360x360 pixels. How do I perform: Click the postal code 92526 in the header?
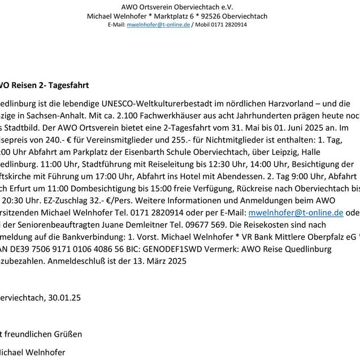click(x=211, y=16)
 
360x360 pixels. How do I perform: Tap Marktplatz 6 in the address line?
click(x=173, y=16)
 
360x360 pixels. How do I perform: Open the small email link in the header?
click(x=158, y=25)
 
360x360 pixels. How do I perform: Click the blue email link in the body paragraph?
click(x=296, y=212)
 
